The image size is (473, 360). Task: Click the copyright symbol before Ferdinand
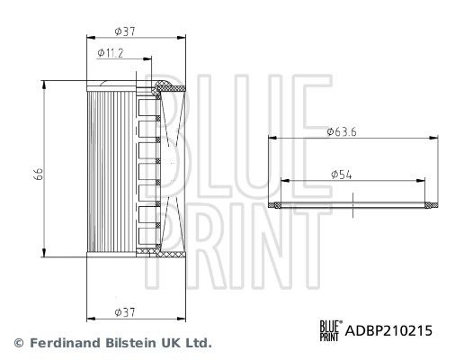click(x=18, y=343)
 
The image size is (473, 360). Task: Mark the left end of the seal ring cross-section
click(x=275, y=205)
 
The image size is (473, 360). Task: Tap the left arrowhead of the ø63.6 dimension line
click(x=273, y=138)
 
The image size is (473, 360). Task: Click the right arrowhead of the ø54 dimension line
click(x=423, y=179)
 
